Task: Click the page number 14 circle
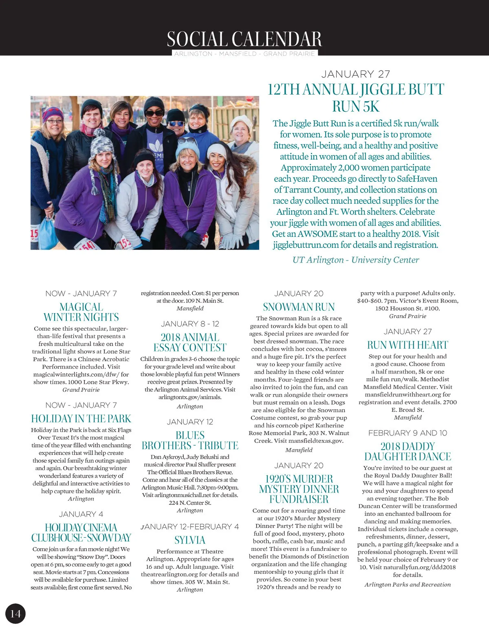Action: (15, 614)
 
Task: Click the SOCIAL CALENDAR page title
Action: (244, 39)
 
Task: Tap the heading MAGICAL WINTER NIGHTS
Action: (81, 312)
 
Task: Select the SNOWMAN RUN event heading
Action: (299, 307)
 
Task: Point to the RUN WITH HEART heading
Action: (407, 345)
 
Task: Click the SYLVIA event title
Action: (190, 540)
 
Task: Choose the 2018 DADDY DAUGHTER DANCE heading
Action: (407, 451)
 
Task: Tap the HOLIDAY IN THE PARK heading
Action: (81, 419)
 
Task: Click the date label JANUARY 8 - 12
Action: (190, 324)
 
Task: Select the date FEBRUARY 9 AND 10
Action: (407, 433)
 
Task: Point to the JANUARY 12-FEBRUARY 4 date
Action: (190, 526)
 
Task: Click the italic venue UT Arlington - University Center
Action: (356, 260)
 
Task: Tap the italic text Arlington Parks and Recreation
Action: (407, 585)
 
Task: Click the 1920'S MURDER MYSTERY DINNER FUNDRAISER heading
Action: (299, 489)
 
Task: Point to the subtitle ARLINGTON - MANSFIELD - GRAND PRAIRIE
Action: (244, 54)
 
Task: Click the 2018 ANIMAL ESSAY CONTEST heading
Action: (190, 342)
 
